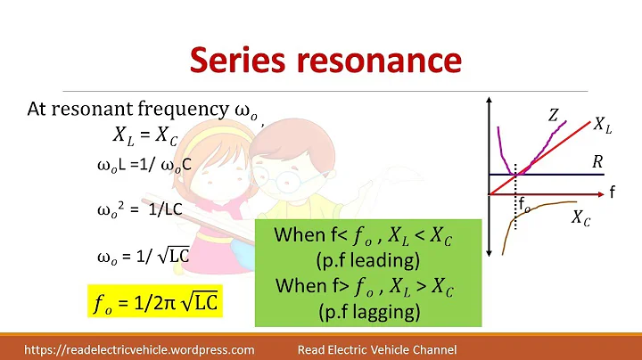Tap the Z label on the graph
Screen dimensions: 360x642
[554, 114]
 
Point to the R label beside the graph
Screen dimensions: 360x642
[598, 161]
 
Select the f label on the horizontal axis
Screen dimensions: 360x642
[613, 192]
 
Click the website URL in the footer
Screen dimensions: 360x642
[139, 349]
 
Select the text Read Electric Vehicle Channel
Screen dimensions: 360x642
[376, 349]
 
